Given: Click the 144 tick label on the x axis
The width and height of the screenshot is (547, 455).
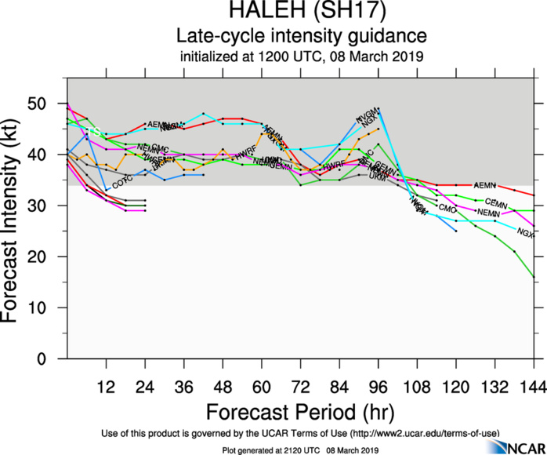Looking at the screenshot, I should tap(534, 387).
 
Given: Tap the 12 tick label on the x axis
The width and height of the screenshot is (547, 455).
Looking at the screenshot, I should tap(107, 387).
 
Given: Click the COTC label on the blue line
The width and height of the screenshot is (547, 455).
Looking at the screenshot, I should tap(121, 184).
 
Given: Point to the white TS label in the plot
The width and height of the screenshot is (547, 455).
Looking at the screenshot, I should tap(94, 132).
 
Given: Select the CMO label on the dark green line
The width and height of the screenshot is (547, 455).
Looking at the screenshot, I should tap(447, 209).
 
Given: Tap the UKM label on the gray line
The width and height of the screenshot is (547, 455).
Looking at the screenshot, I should tap(378, 177).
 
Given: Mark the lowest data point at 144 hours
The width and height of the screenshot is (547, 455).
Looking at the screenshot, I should tap(534, 277).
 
